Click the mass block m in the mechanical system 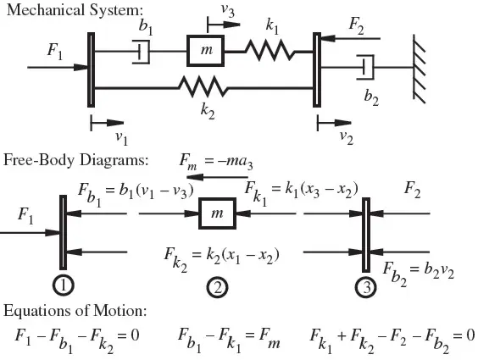tap(206, 51)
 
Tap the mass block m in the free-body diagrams tap(217, 213)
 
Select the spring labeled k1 tap(270, 50)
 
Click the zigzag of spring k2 tap(203, 86)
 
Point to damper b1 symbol tap(142, 52)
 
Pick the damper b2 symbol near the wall tap(366, 67)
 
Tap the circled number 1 tap(64, 285)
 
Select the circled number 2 tap(217, 287)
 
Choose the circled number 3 tap(366, 287)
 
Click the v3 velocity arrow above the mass tap(224, 25)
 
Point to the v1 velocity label tap(122, 138)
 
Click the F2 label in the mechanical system tap(356, 25)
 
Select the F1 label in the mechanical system tap(55, 51)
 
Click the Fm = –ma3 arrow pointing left tap(217, 177)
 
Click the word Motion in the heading tap(119, 311)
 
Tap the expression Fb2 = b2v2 tap(419, 273)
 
